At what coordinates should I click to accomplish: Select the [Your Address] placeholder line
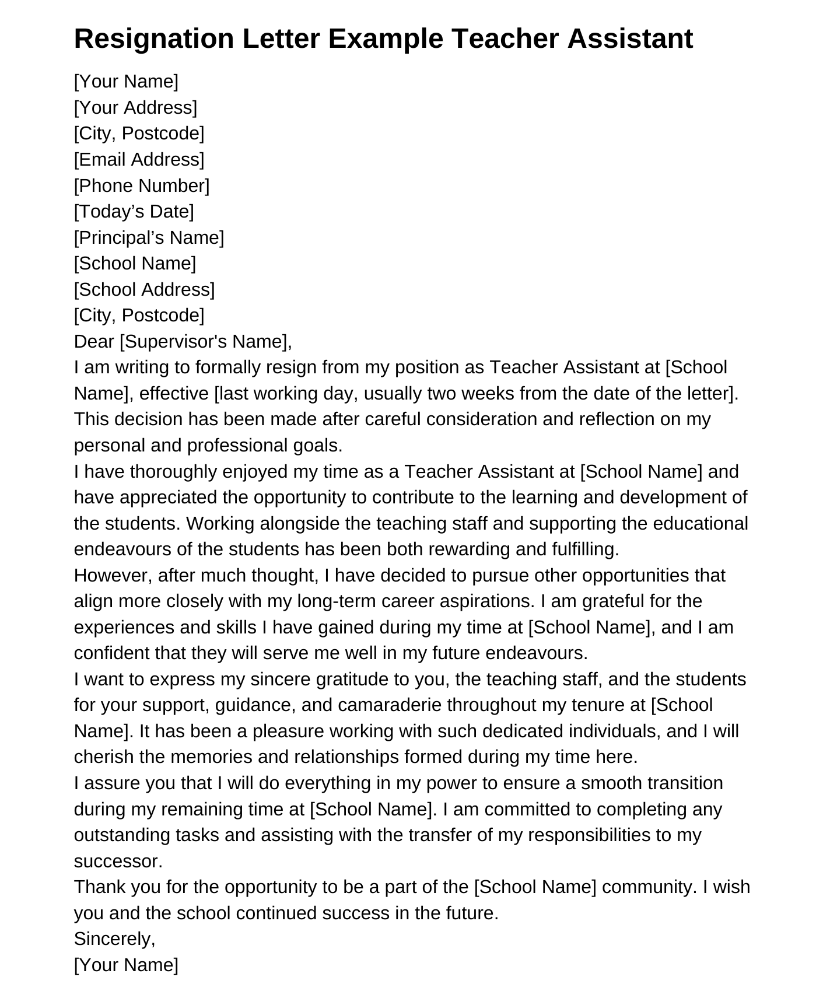[135, 108]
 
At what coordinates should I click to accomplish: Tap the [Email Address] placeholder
[139, 160]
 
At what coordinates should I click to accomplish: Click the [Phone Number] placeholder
[141, 186]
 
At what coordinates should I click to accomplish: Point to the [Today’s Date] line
[134, 212]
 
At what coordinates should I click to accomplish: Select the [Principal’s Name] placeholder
[149, 238]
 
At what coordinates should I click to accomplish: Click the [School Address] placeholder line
[144, 290]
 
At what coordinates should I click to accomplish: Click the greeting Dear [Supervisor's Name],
[183, 342]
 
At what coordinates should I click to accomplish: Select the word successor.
[118, 862]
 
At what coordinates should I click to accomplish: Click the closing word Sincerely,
[114, 939]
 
